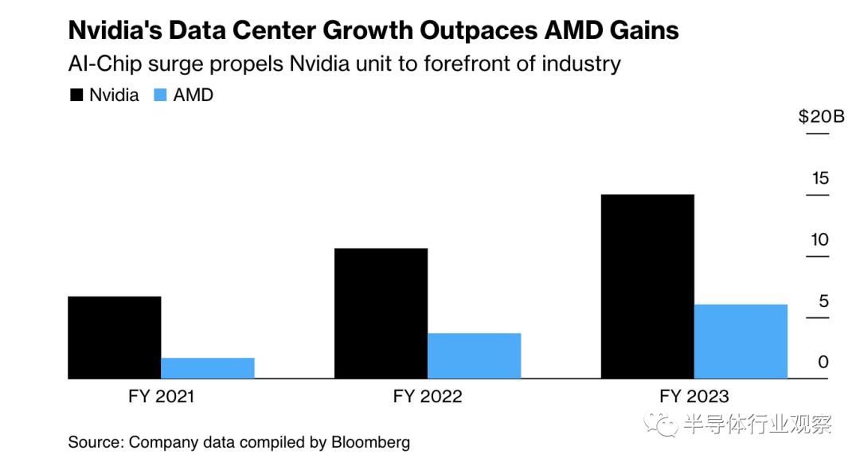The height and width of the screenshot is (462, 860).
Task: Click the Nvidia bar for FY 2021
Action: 115,337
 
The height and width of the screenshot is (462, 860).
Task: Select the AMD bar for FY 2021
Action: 208,368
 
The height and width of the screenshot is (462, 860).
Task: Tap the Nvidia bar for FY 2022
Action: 381,313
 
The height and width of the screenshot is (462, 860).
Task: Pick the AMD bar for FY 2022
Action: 475,355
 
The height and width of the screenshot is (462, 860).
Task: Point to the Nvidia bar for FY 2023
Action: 647,286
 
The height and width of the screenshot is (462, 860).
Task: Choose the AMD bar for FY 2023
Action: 741,341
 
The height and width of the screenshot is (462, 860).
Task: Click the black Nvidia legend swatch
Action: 76,95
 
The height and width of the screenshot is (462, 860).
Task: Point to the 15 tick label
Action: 820,178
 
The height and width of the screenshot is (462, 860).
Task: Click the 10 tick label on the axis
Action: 819,239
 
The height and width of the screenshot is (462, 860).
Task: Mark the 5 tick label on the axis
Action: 823,301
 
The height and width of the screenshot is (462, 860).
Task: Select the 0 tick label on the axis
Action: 823,362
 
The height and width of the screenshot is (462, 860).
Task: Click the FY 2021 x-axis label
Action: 161,396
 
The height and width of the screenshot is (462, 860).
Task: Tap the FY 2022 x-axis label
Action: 428,396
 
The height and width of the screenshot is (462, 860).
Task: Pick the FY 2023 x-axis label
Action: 694,396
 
